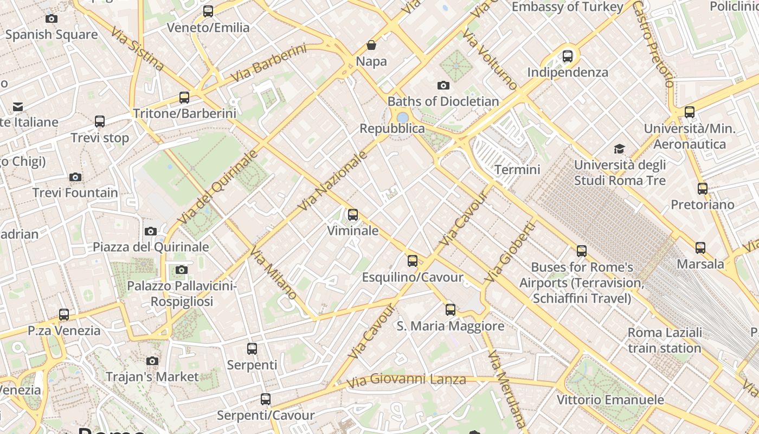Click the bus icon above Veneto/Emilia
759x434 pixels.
tap(208, 11)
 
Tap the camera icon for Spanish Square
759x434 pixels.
tap(52, 19)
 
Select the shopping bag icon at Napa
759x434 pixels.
tap(371, 45)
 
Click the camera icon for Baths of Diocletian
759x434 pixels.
tap(443, 85)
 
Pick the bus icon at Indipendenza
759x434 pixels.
tap(568, 56)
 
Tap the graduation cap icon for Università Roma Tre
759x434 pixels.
tap(619, 149)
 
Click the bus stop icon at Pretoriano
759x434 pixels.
tap(703, 189)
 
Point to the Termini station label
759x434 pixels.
tap(517, 170)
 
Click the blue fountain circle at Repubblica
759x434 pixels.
tap(402, 117)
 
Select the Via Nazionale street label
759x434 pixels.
tap(333, 181)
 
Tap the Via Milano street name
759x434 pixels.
tap(273, 272)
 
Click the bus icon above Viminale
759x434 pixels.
tap(353, 215)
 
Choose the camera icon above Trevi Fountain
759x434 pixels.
tap(75, 177)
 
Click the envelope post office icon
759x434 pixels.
tap(18, 107)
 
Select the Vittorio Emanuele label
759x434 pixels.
tap(610, 400)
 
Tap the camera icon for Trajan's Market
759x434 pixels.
tap(152, 361)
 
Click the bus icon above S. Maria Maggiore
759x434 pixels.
tap(451, 310)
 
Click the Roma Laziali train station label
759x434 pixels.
tap(665, 340)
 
